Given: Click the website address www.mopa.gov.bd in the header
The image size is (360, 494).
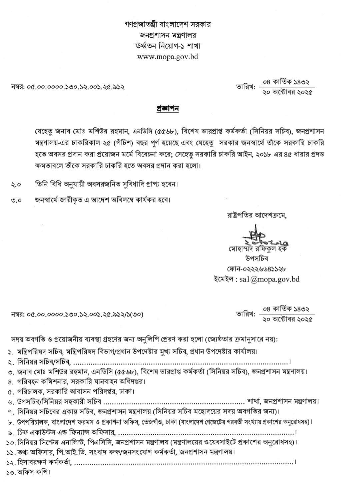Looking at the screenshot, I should point(168,56).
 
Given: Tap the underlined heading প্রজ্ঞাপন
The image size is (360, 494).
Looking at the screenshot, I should point(168,109).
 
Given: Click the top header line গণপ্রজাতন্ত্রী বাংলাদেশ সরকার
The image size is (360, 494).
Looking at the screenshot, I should point(168,24).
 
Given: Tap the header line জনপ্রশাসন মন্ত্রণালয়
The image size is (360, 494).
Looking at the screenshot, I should point(168,35).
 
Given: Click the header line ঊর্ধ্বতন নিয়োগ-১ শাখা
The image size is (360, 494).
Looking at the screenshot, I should point(168,45).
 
